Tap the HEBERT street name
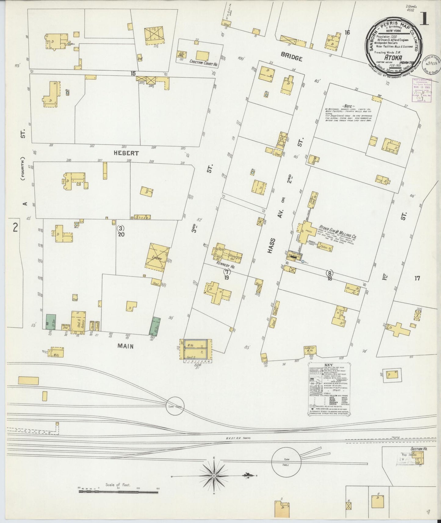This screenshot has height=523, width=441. (x=126, y=153)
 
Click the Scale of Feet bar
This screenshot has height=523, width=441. (x=118, y=492)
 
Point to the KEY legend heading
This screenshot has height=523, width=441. (x=328, y=365)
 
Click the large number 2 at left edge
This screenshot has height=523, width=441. (x=15, y=228)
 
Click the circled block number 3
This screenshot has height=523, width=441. (x=121, y=228)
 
